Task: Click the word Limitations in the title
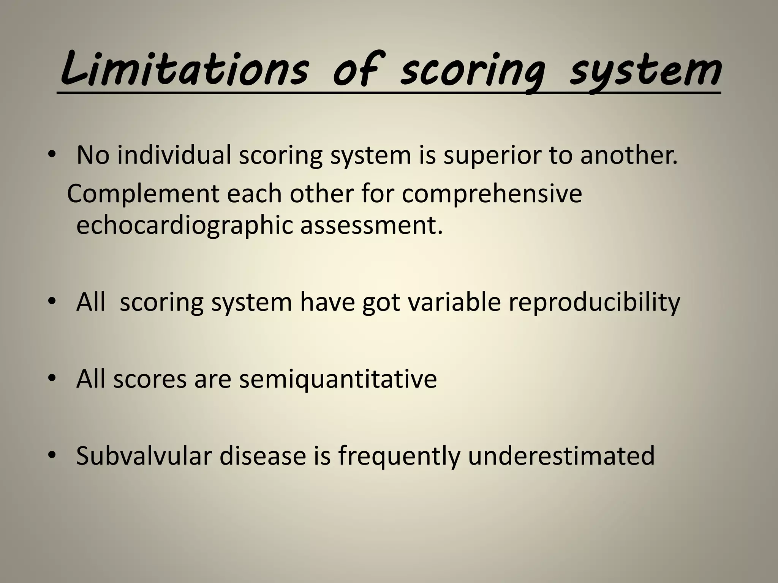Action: pyautogui.click(x=184, y=70)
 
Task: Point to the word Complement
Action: pyautogui.click(x=143, y=194)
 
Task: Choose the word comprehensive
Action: pyautogui.click(x=492, y=194)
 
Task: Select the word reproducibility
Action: pyautogui.click(x=594, y=303)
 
